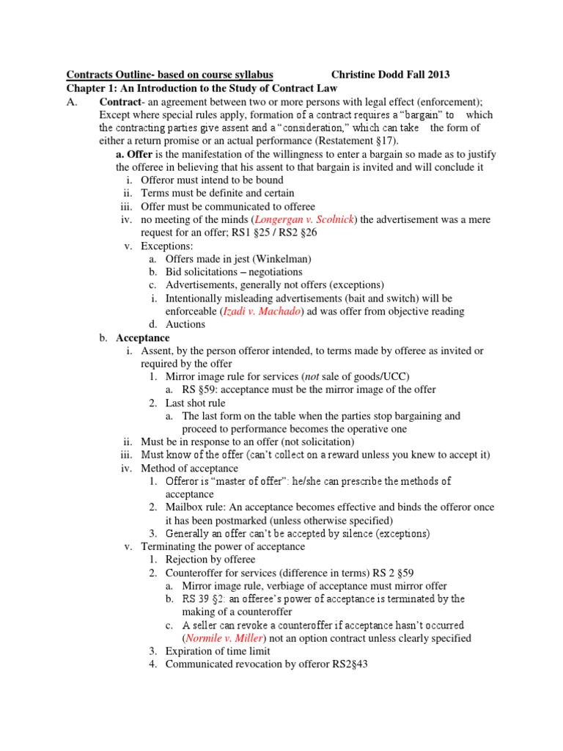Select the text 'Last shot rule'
pyautogui.click(x=195, y=403)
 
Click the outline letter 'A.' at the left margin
pyautogui.click(x=73, y=101)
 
